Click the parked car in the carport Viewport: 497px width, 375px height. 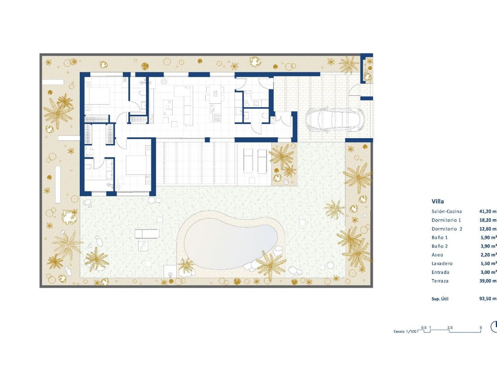[x=333, y=119]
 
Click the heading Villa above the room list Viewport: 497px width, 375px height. [x=438, y=201]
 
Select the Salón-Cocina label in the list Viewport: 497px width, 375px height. [x=446, y=211]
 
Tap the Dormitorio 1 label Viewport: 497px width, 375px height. [x=446, y=220]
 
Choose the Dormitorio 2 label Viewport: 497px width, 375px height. [x=447, y=229]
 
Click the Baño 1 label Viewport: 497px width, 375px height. [x=439, y=238]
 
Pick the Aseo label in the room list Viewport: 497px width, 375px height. [x=437, y=255]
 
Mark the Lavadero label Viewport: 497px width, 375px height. [x=442, y=263]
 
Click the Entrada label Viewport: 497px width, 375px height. [x=440, y=272]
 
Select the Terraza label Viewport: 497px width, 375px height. [x=440, y=281]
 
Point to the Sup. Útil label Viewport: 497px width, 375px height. [x=440, y=299]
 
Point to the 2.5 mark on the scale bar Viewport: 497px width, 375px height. [x=449, y=327]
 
